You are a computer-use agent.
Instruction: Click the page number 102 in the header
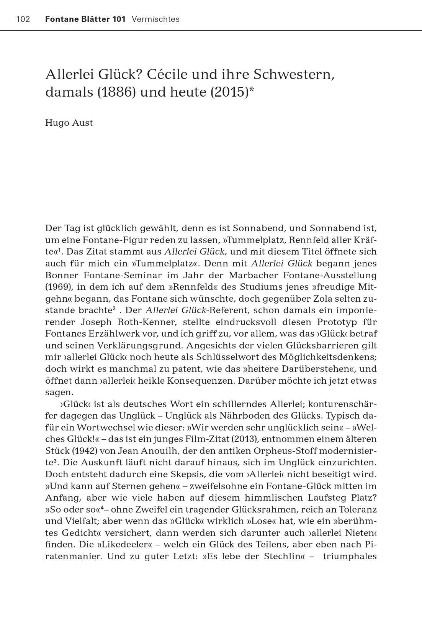tap(23, 19)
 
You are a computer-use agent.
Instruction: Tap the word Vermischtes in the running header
tap(155, 19)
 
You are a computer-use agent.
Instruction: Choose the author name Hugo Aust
tap(69, 123)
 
